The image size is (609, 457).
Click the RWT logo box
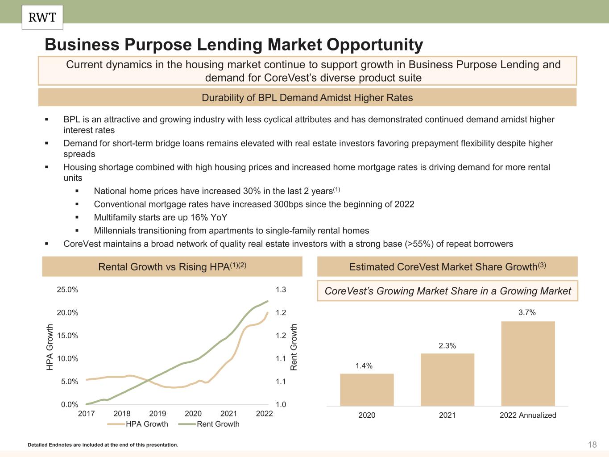coord(42,17)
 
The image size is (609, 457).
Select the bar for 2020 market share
coord(367,390)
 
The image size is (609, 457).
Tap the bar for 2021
coord(447,379)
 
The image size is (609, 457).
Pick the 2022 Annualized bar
coord(528,363)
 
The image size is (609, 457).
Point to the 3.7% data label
coord(527,312)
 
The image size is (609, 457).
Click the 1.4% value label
coord(364,366)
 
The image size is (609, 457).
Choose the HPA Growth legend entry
coord(138,424)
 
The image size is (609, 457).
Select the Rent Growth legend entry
coord(210,424)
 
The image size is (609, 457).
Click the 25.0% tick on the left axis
coord(67,290)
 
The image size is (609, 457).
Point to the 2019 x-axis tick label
coord(157,414)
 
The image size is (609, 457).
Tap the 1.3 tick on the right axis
coord(281,290)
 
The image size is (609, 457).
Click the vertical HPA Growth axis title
coord(50,347)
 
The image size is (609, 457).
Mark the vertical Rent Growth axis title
coord(294,347)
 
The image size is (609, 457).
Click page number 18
coord(592,445)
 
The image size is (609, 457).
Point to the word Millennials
coord(115,231)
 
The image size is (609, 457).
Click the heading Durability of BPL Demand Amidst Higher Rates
coord(307,98)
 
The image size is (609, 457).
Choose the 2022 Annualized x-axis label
coord(528,415)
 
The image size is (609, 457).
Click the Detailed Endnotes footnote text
coord(103,445)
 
